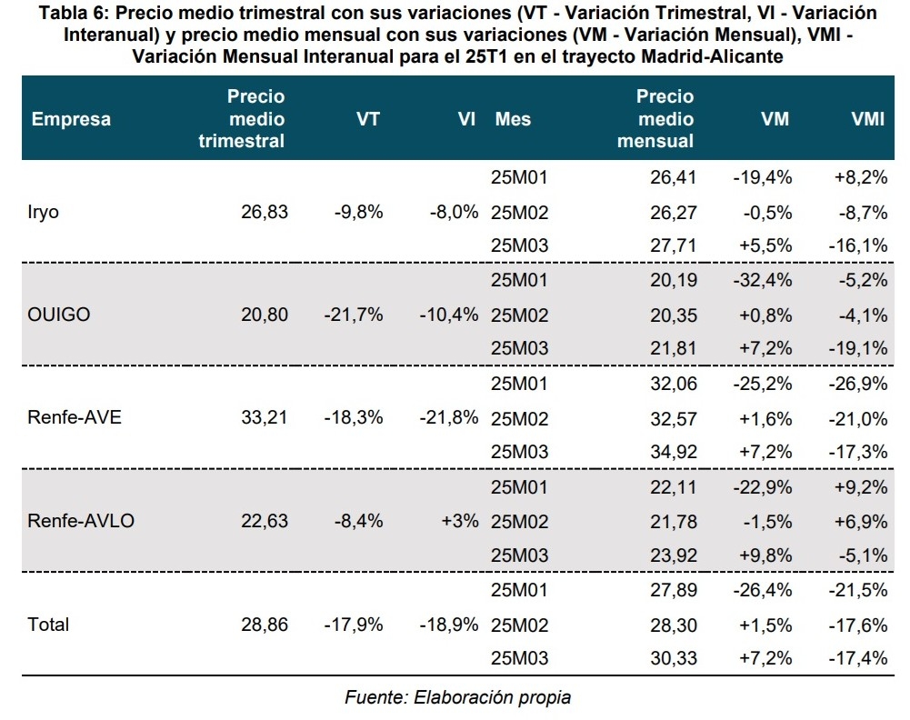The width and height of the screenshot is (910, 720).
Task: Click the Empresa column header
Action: (x=71, y=119)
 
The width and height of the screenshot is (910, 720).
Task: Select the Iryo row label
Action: (x=45, y=213)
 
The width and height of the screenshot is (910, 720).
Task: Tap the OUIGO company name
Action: (x=60, y=315)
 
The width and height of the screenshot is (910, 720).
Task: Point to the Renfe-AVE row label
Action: (x=75, y=418)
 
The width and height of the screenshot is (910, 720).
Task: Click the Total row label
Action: (x=48, y=625)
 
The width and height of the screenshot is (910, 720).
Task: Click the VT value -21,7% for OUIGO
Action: (x=353, y=315)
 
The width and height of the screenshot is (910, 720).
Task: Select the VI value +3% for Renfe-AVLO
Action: (x=459, y=521)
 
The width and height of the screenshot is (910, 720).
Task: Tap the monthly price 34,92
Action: (x=674, y=452)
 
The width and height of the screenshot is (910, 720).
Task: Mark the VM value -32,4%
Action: (x=762, y=281)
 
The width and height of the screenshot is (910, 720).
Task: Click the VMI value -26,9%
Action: (x=856, y=384)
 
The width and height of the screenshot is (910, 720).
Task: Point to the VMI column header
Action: (x=867, y=119)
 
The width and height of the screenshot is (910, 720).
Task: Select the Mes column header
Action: (x=513, y=119)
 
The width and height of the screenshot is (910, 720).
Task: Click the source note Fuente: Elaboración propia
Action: (x=457, y=697)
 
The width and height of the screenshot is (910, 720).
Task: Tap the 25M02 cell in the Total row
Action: (x=520, y=625)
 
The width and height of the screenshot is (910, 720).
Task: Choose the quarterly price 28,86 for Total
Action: (x=265, y=625)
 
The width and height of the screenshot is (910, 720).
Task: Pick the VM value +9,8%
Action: (x=765, y=555)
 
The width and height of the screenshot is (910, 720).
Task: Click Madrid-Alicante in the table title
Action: (x=707, y=55)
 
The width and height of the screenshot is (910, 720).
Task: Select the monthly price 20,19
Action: (x=674, y=281)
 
